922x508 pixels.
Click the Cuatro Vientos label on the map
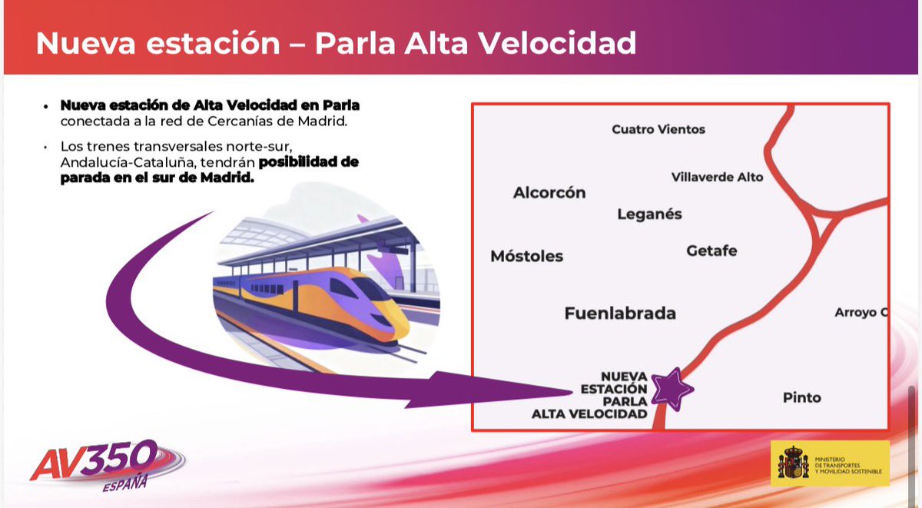[x=658, y=129]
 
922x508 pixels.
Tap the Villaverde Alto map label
[x=718, y=177]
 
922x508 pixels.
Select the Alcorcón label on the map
[x=549, y=193]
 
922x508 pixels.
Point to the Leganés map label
[x=649, y=214]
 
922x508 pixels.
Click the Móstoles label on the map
[x=526, y=256]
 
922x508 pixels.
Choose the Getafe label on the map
[x=711, y=251]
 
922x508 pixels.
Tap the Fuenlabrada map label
[x=620, y=314]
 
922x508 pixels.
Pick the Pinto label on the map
[x=802, y=397]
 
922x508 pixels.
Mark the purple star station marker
[x=672, y=388]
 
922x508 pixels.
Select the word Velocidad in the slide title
[x=563, y=43]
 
